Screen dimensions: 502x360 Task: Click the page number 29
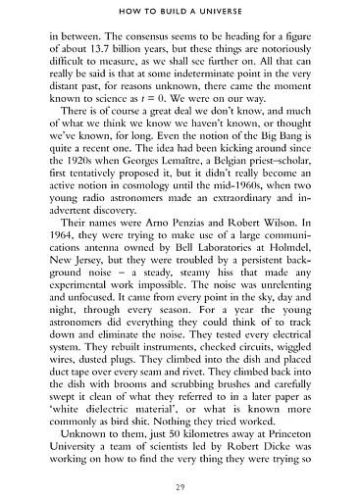pos(180,487)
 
